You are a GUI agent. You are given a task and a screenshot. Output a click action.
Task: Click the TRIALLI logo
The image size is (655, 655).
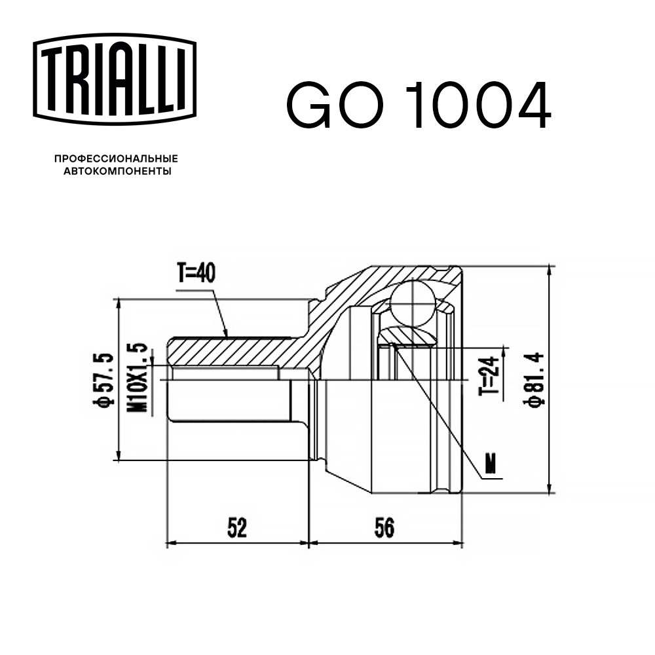pos(115,79)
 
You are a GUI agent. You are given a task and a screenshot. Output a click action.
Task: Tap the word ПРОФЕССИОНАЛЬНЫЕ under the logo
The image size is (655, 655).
pos(117,159)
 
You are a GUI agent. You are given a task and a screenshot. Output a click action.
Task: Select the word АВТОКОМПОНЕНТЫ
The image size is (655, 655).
pos(117,171)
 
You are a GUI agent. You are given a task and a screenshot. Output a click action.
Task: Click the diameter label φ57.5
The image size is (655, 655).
pos(103,379)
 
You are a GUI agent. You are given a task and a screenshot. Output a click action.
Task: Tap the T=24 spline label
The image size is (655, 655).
pos(489,375)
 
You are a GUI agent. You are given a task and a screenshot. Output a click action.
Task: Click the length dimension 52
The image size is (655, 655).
pos(237,527)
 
